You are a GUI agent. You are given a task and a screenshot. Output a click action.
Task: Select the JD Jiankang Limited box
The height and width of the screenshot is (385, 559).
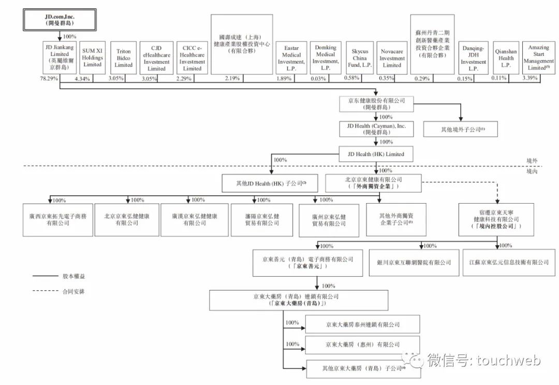click(x=60, y=58)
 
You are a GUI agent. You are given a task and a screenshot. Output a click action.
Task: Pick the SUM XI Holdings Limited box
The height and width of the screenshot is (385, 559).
click(x=93, y=58)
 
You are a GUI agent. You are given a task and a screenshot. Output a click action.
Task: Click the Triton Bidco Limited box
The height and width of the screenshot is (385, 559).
click(x=123, y=58)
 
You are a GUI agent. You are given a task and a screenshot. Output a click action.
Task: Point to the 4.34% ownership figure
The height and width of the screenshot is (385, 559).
click(x=82, y=79)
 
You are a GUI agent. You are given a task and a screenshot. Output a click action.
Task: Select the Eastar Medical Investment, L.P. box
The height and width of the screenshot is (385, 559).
click(x=291, y=58)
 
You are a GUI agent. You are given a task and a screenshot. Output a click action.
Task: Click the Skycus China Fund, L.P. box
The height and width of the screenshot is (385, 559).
click(x=360, y=58)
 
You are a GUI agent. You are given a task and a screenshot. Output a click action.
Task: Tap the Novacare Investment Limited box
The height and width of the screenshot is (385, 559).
click(x=392, y=58)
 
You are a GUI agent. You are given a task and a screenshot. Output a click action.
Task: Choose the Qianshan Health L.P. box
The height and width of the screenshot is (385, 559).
click(x=505, y=58)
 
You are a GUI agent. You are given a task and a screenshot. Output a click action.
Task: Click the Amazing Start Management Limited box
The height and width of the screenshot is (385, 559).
click(x=538, y=58)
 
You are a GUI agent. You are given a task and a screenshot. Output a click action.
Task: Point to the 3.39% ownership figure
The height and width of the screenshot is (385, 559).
click(x=531, y=78)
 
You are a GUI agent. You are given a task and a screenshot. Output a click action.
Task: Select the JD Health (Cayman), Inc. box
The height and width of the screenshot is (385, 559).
click(x=376, y=128)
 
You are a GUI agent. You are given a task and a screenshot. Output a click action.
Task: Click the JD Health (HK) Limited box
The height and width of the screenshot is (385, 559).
click(x=376, y=154)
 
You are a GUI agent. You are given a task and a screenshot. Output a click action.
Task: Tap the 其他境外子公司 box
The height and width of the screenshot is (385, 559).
click(x=460, y=130)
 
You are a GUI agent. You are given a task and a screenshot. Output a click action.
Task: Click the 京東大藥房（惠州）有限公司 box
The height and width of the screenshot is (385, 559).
click(x=362, y=345)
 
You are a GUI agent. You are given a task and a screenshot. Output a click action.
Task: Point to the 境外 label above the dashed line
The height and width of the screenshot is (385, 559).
click(x=532, y=161)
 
